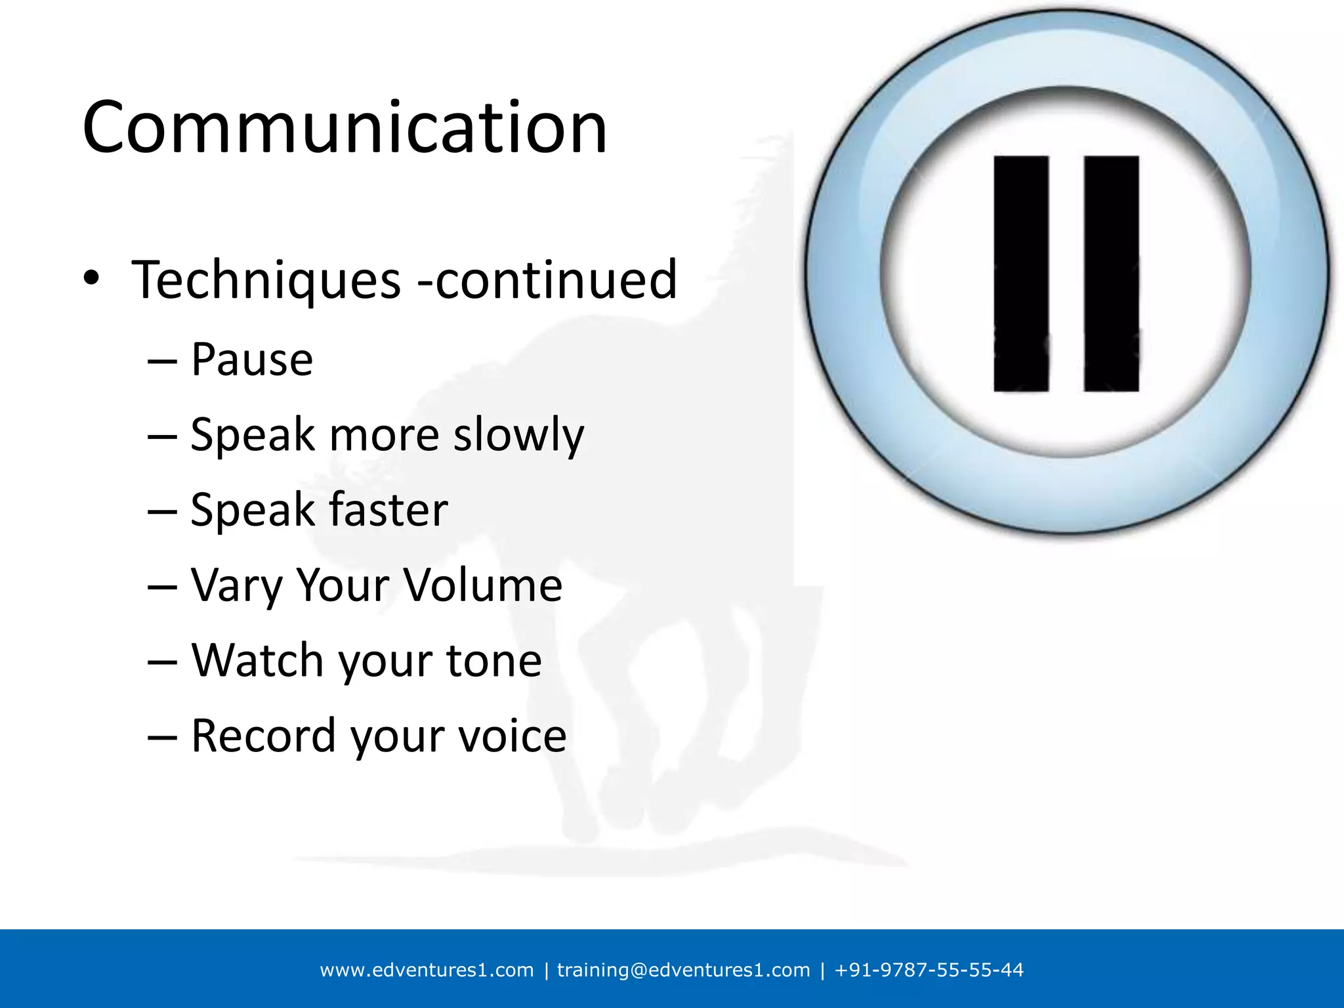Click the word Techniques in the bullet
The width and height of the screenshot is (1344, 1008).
click(x=266, y=280)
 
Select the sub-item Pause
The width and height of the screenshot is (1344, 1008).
click(x=252, y=360)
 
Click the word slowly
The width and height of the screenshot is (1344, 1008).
click(x=518, y=436)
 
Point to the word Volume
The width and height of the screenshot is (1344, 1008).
click(x=482, y=585)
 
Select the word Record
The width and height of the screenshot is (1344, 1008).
click(x=263, y=736)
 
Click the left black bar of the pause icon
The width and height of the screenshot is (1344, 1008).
click(x=1020, y=274)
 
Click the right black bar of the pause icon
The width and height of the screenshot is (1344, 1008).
click(x=1111, y=274)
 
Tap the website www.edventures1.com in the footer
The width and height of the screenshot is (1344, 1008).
click(x=427, y=970)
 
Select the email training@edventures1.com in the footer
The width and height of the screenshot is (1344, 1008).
click(x=683, y=970)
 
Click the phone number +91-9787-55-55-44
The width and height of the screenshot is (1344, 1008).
click(x=929, y=970)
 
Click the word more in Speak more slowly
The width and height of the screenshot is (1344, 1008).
click(x=384, y=436)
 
